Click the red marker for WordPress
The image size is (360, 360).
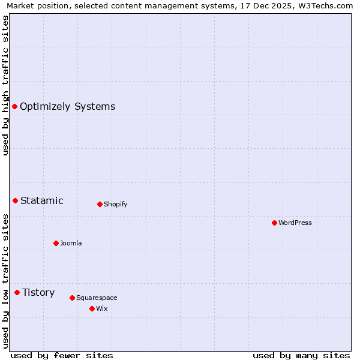click(274, 223)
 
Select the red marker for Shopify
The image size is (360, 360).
click(100, 204)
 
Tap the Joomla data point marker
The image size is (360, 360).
click(56, 243)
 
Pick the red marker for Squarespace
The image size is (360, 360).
click(72, 298)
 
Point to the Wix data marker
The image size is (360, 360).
click(92, 308)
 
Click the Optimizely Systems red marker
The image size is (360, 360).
click(14, 106)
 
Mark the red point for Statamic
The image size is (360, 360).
click(15, 200)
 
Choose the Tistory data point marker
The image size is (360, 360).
click(17, 292)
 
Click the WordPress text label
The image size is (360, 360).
click(295, 223)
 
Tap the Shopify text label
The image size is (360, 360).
click(116, 204)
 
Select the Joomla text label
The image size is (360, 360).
click(71, 243)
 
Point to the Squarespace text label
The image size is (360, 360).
click(97, 298)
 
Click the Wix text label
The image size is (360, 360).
click(102, 308)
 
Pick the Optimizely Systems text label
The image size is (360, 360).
click(68, 107)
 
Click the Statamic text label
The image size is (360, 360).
click(42, 200)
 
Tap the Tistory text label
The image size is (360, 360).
click(38, 292)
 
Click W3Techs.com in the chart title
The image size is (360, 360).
click(327, 5)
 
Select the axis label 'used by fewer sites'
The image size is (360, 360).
click(62, 355)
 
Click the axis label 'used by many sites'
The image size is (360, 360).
click(301, 355)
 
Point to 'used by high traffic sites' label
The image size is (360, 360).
click(5, 85)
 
